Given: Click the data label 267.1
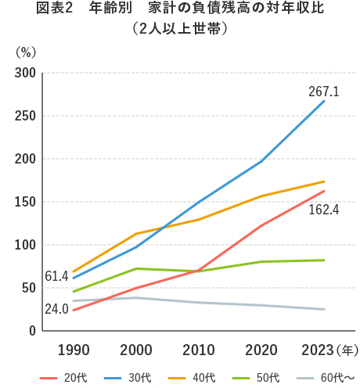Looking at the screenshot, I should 323,92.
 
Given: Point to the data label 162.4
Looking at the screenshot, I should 323,210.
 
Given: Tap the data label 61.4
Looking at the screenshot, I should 57,276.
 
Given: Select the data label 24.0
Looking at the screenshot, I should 57,309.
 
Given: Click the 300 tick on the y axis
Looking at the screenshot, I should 26,73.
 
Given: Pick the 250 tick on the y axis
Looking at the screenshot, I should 26,116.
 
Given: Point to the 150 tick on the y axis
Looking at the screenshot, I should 26,202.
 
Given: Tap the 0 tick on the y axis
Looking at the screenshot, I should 32,331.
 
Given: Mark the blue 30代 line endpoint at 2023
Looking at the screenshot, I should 324,101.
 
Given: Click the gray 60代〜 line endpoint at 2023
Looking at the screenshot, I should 324,309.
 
